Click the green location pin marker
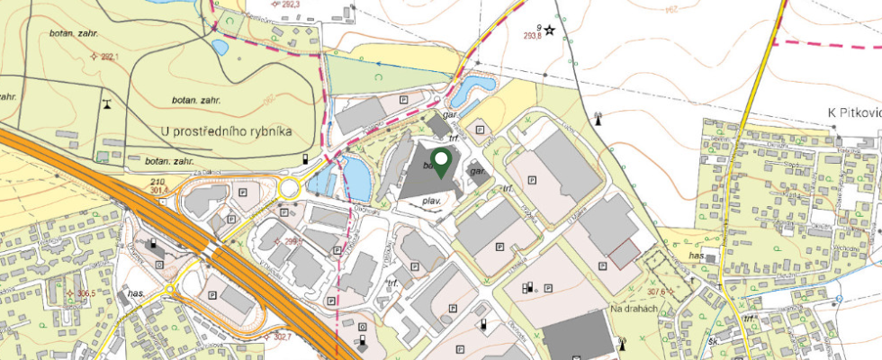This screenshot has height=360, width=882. (441, 163)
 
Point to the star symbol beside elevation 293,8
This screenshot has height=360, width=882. (549, 30)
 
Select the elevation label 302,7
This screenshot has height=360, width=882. (283, 337)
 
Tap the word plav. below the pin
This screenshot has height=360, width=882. (430, 202)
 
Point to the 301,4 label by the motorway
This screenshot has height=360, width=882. (159, 190)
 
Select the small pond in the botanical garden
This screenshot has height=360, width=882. (219, 46)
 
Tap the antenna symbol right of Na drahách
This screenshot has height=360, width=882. (621, 342)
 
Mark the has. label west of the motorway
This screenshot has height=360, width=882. (137, 294)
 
